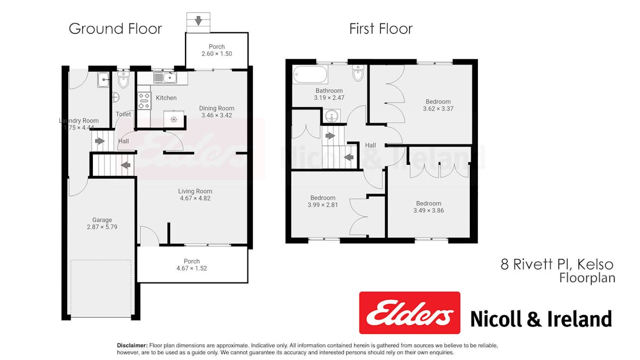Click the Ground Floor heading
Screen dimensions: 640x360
[115, 29]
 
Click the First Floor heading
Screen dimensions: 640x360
[381, 29]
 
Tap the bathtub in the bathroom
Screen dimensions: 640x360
[310, 74]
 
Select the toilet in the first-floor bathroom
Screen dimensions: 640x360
[358, 73]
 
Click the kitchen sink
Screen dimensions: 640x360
[165, 77]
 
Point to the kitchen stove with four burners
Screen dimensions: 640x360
[145, 101]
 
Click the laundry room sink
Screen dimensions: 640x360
[103, 79]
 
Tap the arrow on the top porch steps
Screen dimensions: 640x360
[198, 20]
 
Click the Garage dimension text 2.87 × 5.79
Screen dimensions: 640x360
[102, 227]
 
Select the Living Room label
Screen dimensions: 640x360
[195, 191]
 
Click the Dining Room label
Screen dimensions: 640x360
[217, 108]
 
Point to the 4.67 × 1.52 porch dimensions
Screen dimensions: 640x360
[191, 268]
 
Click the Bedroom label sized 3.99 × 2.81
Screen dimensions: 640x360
[323, 198]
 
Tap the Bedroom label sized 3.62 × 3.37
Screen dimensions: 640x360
[438, 101]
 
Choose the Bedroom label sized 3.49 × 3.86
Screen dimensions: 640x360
[429, 203]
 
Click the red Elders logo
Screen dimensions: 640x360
[410, 313]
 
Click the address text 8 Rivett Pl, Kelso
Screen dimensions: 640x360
[557, 265]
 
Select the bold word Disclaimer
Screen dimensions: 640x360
[132, 346]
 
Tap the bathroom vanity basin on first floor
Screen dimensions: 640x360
[332, 116]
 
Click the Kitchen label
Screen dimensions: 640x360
[166, 98]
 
